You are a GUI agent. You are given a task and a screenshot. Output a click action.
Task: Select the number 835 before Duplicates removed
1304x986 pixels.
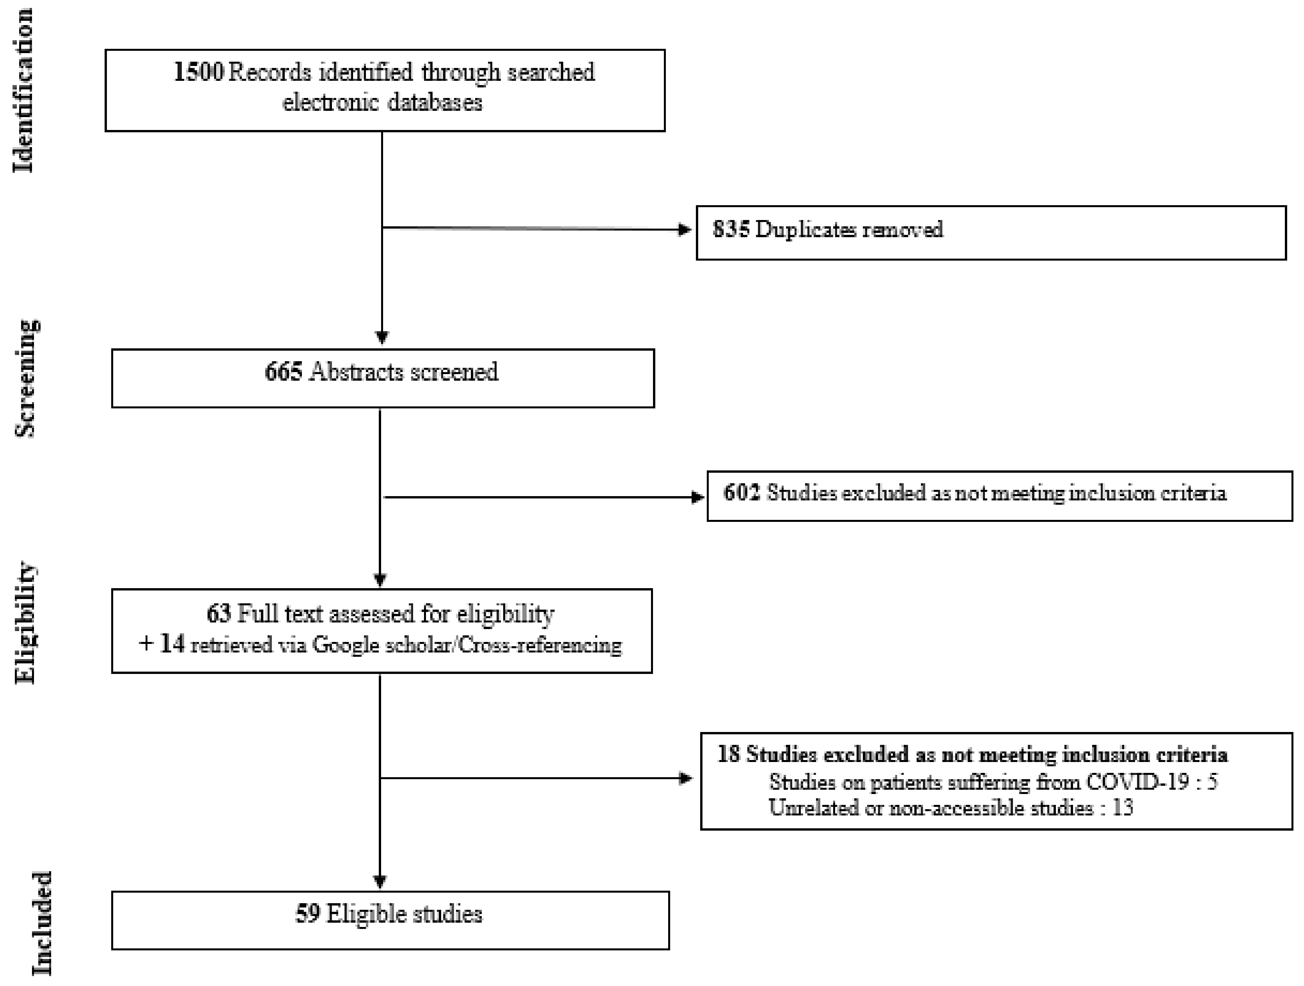point(731,229)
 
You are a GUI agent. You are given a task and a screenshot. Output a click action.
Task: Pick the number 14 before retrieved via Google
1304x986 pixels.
point(173,644)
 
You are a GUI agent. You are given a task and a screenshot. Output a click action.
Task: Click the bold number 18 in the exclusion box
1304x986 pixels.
point(729,754)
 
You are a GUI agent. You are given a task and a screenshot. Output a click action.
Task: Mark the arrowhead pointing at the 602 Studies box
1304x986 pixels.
point(698,497)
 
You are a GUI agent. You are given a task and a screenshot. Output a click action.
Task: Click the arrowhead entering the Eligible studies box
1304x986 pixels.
point(380,882)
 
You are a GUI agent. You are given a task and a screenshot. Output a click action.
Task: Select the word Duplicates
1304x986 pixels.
point(806,229)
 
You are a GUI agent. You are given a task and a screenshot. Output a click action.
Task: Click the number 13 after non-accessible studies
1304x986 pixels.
point(1123,808)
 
